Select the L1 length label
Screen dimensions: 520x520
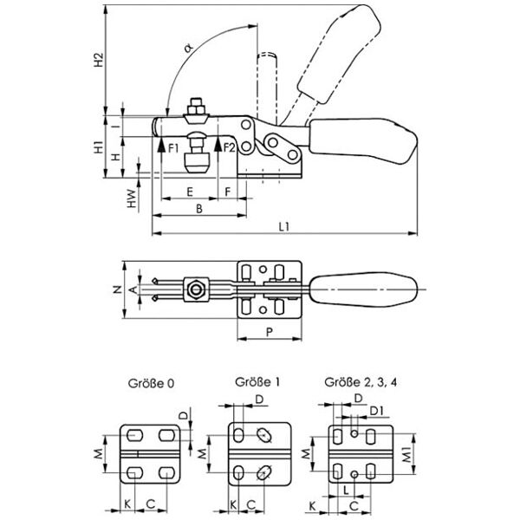[x=283, y=226]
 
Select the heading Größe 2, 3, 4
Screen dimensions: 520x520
[x=355, y=381]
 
